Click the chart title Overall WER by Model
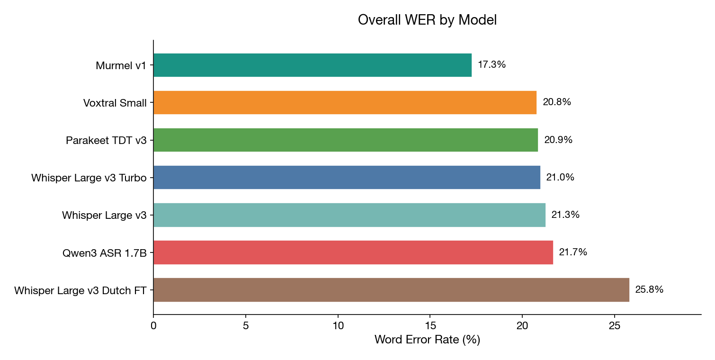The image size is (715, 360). pos(427,20)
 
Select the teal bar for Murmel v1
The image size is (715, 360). pos(313,65)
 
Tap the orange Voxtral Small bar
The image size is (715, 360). pos(345,102)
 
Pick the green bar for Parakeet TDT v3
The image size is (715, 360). pos(346,140)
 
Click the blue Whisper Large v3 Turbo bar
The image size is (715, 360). pos(347,177)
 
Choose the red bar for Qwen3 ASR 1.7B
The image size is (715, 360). pos(353,252)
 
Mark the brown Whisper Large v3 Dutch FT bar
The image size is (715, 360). pos(391,289)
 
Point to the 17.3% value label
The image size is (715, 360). pos(492,65)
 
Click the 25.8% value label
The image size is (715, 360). pos(649,289)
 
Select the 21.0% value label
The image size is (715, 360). pos(560,177)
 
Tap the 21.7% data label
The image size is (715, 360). pos(573,252)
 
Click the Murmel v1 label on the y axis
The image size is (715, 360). pos(121,65)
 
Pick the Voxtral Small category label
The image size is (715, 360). pos(115,103)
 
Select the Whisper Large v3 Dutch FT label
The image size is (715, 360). pos(80,290)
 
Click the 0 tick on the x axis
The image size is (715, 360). pos(153,326)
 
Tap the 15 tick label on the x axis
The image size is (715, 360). pos(430,326)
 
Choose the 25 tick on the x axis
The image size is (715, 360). pos(614,326)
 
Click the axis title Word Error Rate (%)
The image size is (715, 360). pos(427,340)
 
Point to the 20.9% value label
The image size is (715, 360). pos(558,140)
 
